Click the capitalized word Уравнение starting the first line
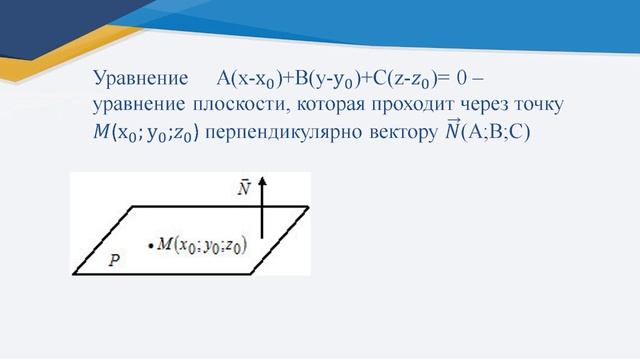pos(140,78)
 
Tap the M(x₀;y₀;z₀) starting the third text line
pos(151,131)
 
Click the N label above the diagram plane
pos(243,187)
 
